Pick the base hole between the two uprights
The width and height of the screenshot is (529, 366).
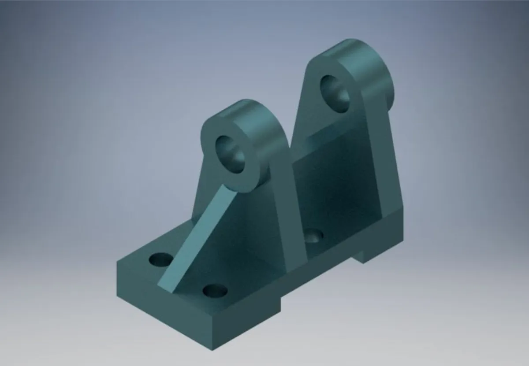[314, 237]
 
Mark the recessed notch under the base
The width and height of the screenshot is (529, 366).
[317, 282]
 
